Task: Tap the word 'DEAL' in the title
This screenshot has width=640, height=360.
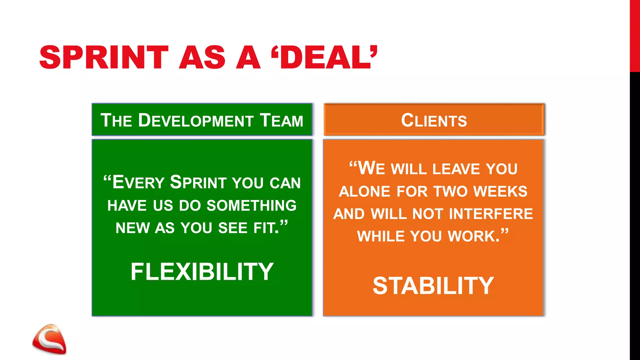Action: (325, 57)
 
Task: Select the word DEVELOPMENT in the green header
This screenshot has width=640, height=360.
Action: (196, 121)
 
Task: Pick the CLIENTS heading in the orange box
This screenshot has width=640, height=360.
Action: (434, 121)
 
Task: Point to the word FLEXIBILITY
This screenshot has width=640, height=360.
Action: (202, 272)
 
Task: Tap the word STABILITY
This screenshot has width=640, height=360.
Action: (433, 286)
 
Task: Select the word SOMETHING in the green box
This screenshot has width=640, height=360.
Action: (252, 206)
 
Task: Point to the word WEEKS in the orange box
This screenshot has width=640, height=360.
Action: (500, 192)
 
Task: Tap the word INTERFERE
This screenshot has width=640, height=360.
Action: (491, 214)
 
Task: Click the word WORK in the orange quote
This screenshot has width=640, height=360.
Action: (473, 236)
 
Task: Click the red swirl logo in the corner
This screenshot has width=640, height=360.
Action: (49, 339)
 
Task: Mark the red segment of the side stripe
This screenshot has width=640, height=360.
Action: (635, 36)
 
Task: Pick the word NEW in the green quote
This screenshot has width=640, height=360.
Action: (133, 228)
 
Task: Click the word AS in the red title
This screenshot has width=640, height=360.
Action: (202, 57)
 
